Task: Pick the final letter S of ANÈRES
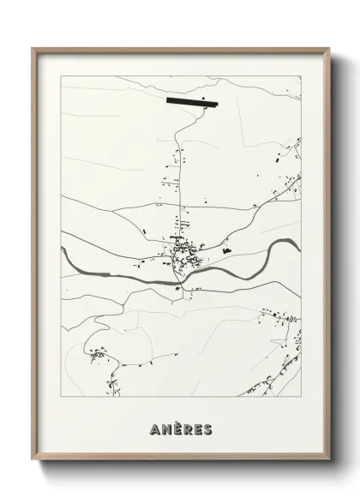(x=208, y=428)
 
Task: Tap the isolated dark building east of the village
(x=227, y=250)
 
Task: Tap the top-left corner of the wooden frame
(x=33, y=49)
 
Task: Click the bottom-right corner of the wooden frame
(x=329, y=461)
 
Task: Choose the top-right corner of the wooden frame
(x=329, y=49)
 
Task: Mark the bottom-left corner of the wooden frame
(x=33, y=461)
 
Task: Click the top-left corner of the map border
(x=62, y=76)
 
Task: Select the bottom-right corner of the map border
(x=301, y=397)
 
